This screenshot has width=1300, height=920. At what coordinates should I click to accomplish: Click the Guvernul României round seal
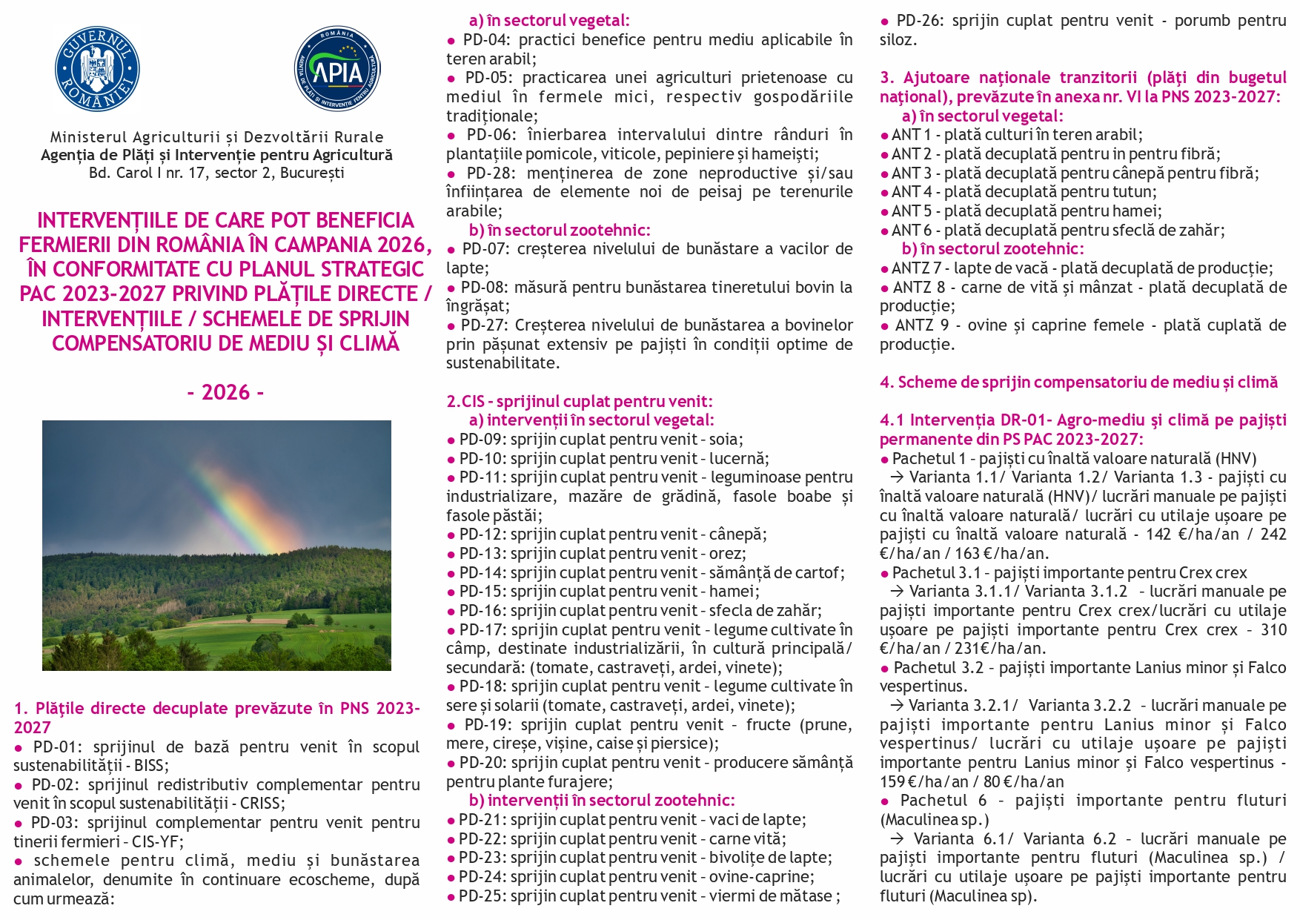pyautogui.click(x=97, y=70)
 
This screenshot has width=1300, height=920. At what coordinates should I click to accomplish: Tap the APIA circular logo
pyautogui.click(x=337, y=70)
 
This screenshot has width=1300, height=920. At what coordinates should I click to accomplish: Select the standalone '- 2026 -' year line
pyautogui.click(x=225, y=392)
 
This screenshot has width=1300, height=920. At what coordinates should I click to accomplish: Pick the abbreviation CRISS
pyautogui.click(x=262, y=804)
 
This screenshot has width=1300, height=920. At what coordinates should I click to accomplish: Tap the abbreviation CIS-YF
pyautogui.click(x=159, y=842)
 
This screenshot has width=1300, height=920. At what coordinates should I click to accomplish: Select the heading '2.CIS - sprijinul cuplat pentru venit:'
pyautogui.click(x=579, y=402)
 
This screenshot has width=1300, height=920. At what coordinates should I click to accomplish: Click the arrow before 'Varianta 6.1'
pyautogui.click(x=898, y=839)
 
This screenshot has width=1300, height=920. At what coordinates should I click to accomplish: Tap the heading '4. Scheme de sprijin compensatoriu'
pyautogui.click(x=1078, y=383)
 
